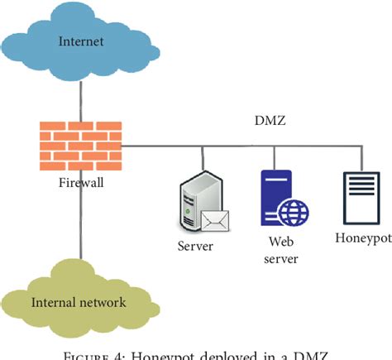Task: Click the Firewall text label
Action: [80, 181]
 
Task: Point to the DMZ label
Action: [270, 121]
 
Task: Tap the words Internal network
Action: [79, 302]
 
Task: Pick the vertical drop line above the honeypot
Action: [361, 159]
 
